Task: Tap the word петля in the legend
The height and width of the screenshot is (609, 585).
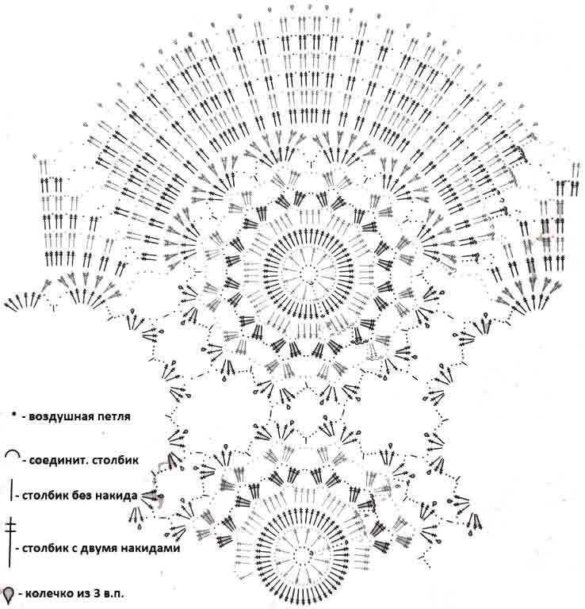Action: (112, 417)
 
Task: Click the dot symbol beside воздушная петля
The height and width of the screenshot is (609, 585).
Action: (13, 416)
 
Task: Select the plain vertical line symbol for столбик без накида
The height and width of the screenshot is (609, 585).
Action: (12, 490)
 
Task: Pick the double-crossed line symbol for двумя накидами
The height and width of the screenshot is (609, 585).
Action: (10, 543)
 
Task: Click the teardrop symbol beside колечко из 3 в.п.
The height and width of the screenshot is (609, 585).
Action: (9, 593)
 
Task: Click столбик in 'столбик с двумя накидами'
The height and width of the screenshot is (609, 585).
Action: (48, 549)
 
